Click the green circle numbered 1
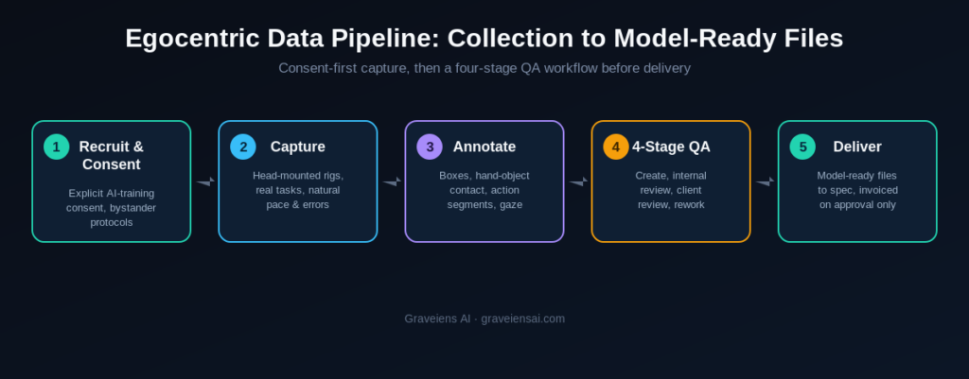(x=56, y=146)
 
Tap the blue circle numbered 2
(x=243, y=146)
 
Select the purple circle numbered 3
(x=430, y=146)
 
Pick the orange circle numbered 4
(x=616, y=146)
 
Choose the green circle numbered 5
(x=802, y=146)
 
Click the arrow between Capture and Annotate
(x=392, y=181)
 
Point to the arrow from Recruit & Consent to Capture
(x=205, y=181)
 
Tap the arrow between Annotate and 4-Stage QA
(x=578, y=181)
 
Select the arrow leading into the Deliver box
(x=765, y=181)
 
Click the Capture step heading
(x=298, y=146)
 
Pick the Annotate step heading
(x=484, y=146)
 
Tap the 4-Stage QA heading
(x=671, y=146)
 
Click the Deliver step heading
(x=857, y=146)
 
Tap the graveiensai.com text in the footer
(x=522, y=319)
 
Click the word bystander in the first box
(x=132, y=208)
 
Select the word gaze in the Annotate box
(x=511, y=205)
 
